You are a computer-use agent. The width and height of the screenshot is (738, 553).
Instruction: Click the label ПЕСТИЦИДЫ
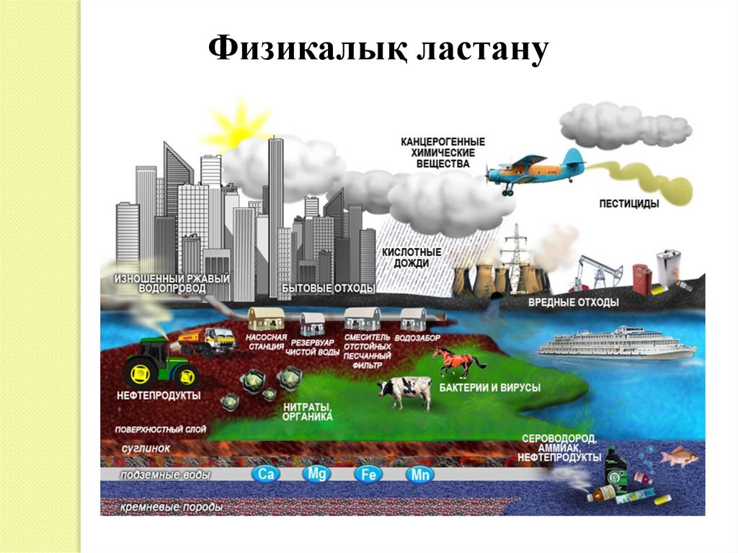tap(628, 204)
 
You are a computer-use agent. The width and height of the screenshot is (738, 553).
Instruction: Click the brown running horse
tap(458, 361)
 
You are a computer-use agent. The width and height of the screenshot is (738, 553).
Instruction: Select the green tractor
tap(161, 362)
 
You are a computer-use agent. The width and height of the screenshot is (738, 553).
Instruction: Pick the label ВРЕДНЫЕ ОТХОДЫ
tap(573, 303)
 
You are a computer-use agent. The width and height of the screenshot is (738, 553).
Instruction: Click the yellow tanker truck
tap(209, 340)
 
